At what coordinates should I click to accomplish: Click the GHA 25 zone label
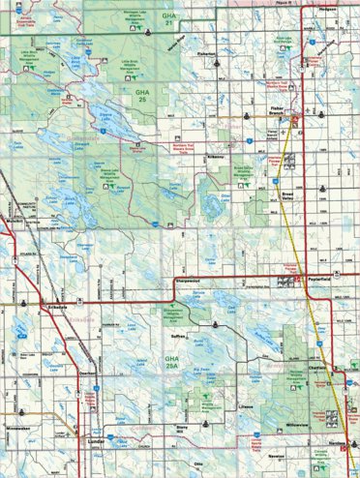click(145, 96)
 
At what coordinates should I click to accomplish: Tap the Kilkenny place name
click(215, 155)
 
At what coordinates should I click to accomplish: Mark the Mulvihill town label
click(14, 221)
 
